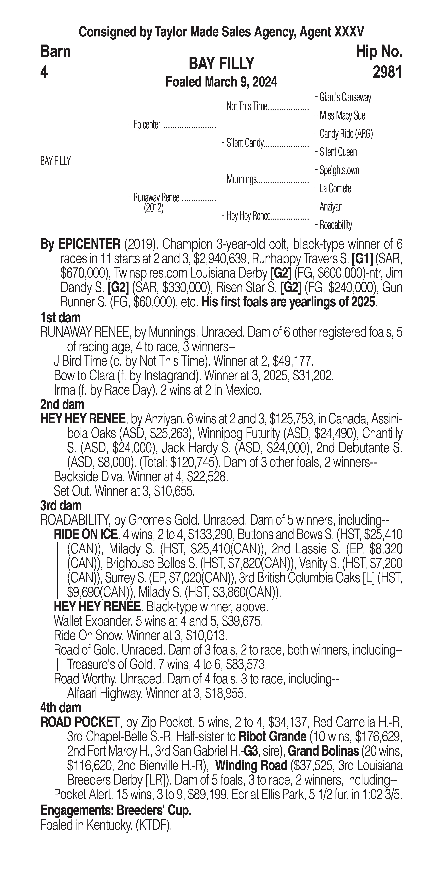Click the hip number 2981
point(387,72)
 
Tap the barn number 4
point(44,72)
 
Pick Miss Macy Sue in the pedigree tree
point(342,116)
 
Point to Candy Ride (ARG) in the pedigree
point(346,134)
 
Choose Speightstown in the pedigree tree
point(339,170)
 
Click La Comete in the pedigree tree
point(335,188)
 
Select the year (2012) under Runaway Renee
point(154,208)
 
